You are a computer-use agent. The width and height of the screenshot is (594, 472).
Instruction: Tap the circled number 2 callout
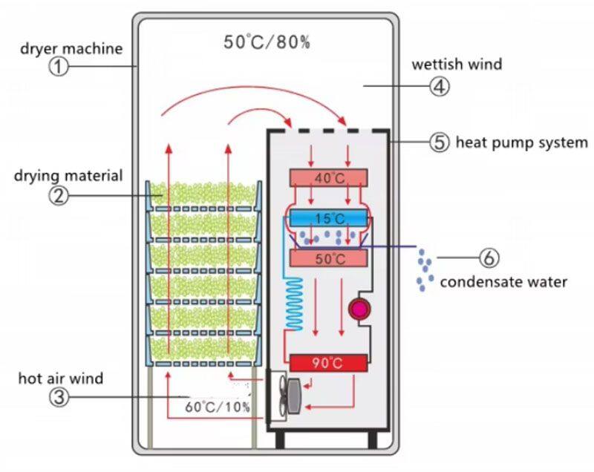tap(59, 196)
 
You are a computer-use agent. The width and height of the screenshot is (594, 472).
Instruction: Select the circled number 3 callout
tap(59, 397)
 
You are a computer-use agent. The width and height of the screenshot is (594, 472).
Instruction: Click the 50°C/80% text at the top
tap(267, 42)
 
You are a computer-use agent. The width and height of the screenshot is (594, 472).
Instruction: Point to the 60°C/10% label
tap(218, 407)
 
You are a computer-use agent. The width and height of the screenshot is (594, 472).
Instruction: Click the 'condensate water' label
tap(503, 281)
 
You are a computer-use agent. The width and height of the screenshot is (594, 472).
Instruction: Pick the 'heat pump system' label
tap(521, 142)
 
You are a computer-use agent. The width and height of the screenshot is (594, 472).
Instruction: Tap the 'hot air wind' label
tap(61, 378)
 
